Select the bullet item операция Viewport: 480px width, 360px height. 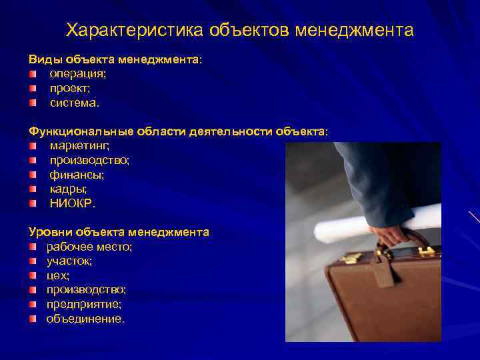[78, 74]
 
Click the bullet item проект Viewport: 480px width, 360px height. [70, 88]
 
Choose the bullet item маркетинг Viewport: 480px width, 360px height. [79, 145]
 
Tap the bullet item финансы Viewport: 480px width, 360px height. [77, 174]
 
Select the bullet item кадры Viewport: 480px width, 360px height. [68, 189]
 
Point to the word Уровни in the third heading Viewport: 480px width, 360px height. [50, 232]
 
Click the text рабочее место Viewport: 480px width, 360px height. [89, 247]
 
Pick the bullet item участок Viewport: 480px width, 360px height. [69, 261]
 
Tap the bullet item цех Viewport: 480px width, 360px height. [57, 275]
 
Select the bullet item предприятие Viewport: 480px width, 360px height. [83, 304]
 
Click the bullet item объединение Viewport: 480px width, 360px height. [85, 319]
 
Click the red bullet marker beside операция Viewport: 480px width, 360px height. [33, 74]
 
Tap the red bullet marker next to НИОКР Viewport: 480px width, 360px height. [33, 203]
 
